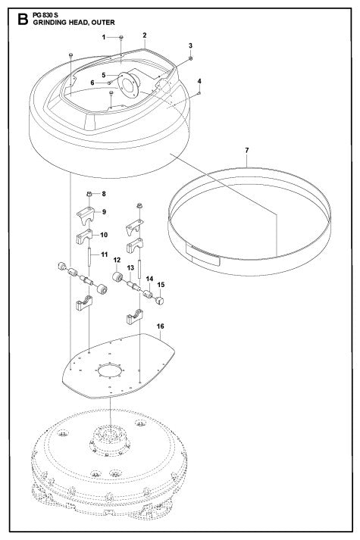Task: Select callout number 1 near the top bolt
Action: point(105,37)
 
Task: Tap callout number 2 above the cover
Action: point(144,36)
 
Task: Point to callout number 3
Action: point(191,46)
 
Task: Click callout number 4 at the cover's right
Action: point(199,81)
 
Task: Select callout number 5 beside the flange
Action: point(105,74)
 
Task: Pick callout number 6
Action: point(93,83)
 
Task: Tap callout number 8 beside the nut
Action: point(104,195)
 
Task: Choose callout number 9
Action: point(104,212)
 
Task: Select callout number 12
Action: point(117,261)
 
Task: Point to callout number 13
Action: point(130,268)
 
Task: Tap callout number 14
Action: point(149,279)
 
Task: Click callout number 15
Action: point(161,286)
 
